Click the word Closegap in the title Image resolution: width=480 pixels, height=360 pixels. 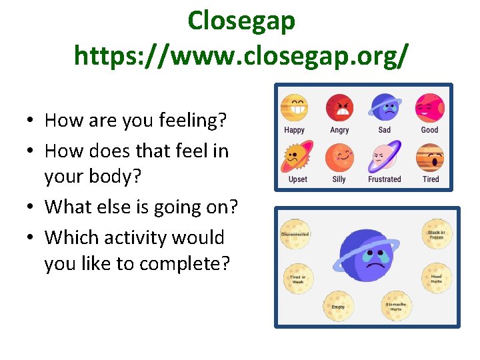click(x=241, y=21)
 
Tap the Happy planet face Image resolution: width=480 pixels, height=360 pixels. click(x=294, y=107)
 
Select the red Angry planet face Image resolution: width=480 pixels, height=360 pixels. click(x=339, y=107)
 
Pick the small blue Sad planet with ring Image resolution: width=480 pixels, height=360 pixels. click(x=385, y=107)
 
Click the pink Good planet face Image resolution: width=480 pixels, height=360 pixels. click(x=429, y=107)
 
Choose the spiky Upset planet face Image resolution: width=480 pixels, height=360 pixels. click(x=294, y=157)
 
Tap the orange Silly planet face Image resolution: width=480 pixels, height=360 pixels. click(x=339, y=157)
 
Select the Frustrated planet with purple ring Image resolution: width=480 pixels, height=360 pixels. click(x=385, y=157)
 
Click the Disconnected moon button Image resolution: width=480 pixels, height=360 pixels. click(x=295, y=234)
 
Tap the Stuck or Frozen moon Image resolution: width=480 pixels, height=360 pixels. click(x=437, y=235)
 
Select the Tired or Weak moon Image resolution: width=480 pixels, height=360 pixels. click(x=298, y=279)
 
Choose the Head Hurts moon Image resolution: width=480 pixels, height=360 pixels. click(x=436, y=279)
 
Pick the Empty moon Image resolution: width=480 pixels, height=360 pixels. click(x=339, y=306)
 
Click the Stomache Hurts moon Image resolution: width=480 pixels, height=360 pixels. click(x=396, y=306)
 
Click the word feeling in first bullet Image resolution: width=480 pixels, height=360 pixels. click(x=193, y=121)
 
